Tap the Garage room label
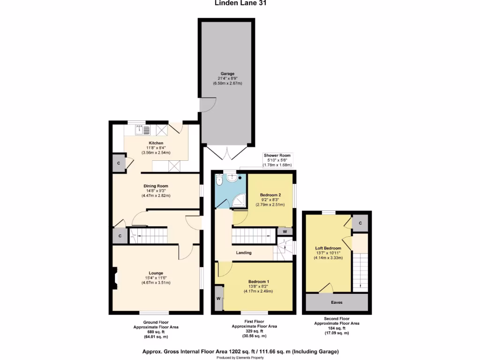(227, 78)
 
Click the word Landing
(244, 253)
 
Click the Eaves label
(337, 302)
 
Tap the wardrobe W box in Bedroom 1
(218, 299)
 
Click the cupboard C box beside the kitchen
(119, 164)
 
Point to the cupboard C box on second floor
(360, 223)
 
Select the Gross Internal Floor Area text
(240, 352)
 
